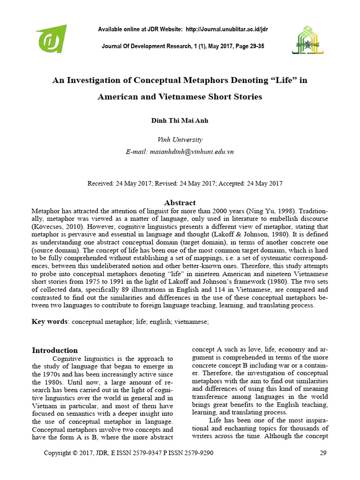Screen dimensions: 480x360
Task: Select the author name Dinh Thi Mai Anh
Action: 180,120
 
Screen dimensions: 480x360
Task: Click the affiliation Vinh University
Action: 180,139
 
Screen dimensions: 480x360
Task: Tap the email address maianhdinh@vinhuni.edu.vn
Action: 193,151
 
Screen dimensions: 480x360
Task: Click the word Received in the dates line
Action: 100,183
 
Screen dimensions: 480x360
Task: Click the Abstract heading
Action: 180,202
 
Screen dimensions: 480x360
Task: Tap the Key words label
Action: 50,322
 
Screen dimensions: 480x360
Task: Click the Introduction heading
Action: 54,350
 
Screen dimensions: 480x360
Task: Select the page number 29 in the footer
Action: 322,453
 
